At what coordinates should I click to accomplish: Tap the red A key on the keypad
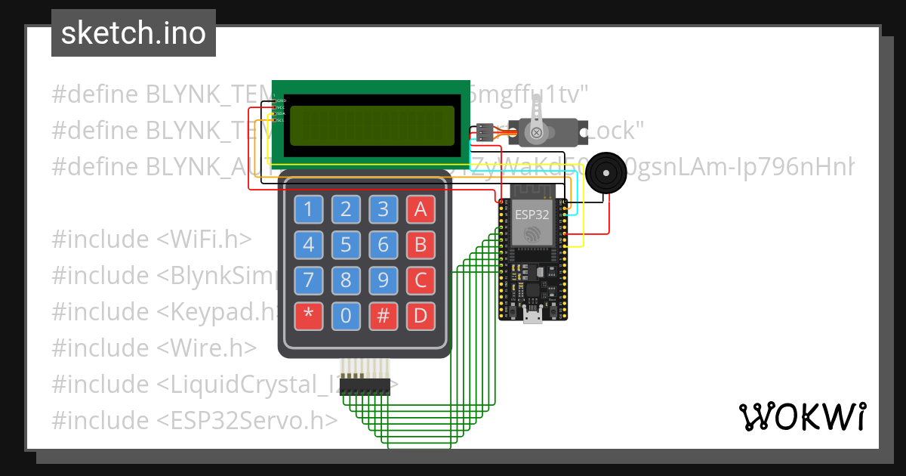(x=421, y=209)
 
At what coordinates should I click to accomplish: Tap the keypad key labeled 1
(x=308, y=209)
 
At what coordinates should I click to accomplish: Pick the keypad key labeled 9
(x=384, y=280)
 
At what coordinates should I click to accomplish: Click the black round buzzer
(x=608, y=172)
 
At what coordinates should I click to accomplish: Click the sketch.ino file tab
(x=134, y=33)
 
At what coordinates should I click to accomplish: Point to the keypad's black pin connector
(x=365, y=386)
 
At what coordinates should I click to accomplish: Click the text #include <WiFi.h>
(x=151, y=240)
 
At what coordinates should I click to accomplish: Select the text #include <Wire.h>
(x=154, y=348)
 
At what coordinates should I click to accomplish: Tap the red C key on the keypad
(x=421, y=280)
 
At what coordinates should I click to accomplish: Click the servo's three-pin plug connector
(x=484, y=132)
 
